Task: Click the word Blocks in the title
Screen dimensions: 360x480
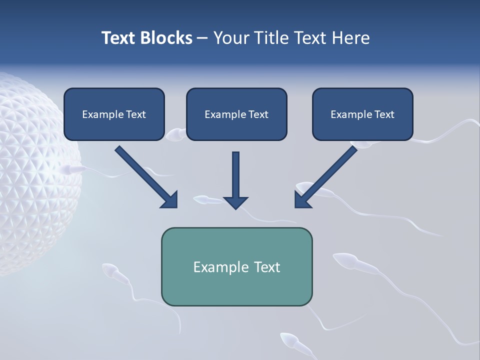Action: (x=167, y=38)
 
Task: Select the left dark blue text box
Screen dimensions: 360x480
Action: (x=114, y=114)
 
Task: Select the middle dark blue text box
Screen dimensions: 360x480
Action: (x=236, y=114)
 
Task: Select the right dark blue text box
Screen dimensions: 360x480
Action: (x=362, y=114)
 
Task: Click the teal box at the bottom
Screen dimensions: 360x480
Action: (x=236, y=266)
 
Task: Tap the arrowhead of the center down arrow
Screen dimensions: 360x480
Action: (x=236, y=202)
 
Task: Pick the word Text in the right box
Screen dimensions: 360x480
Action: (x=384, y=114)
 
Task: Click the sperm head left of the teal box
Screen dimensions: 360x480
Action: (x=109, y=271)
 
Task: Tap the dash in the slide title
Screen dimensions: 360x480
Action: (x=202, y=38)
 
